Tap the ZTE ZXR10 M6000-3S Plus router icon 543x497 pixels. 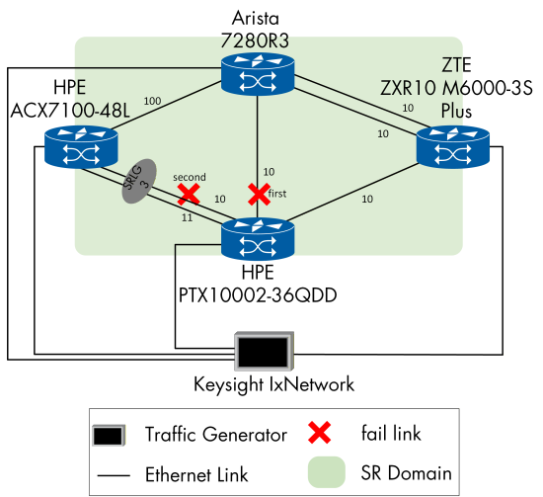click(x=451, y=148)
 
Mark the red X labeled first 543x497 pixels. click(x=258, y=193)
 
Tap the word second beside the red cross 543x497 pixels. click(x=189, y=177)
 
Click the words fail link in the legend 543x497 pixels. click(x=395, y=433)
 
